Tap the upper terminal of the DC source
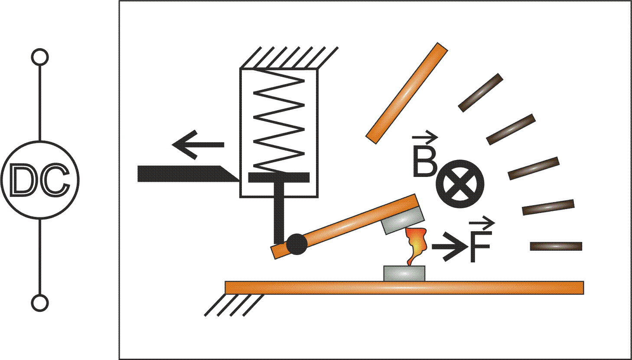[x=40, y=57]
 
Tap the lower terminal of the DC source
[x=40, y=303]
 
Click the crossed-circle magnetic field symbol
[x=460, y=184]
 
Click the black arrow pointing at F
[x=448, y=246]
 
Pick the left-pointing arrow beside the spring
[x=198, y=145]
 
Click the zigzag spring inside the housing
[x=279, y=121]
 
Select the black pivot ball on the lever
[x=296, y=244]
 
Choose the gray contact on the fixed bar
[x=404, y=273]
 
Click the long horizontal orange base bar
[x=404, y=288]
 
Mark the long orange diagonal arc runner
[x=407, y=93]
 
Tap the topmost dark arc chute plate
[x=480, y=93]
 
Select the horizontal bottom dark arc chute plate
[x=556, y=246]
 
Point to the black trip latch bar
[x=189, y=174]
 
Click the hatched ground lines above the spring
[x=289, y=57]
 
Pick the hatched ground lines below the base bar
[x=234, y=305]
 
